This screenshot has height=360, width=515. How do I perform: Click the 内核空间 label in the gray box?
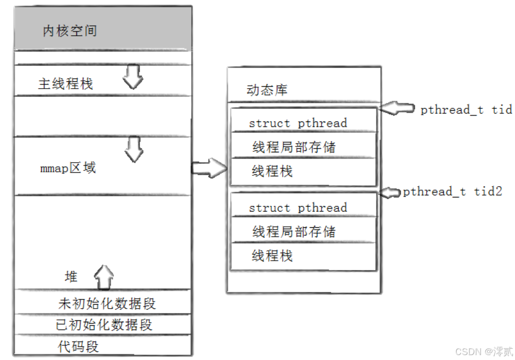click(70, 31)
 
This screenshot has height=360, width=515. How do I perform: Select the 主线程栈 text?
click(66, 84)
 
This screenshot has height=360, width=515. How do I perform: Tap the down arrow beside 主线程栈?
click(133, 77)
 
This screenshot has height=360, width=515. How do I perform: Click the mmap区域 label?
click(68, 168)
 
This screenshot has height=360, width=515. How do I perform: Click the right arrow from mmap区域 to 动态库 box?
click(209, 168)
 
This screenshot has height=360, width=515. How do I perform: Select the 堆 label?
click(71, 277)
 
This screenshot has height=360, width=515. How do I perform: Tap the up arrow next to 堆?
click(104, 277)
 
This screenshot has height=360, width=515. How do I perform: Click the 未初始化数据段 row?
click(107, 304)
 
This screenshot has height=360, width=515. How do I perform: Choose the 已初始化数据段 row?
click(104, 325)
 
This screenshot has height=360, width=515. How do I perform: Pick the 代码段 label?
click(78, 347)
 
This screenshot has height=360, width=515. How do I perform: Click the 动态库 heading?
click(267, 90)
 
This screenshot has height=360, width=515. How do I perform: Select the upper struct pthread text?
click(298, 123)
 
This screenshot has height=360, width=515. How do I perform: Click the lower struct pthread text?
click(298, 208)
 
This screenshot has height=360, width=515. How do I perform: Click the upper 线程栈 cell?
click(272, 171)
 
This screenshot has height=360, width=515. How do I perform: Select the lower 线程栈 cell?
click(272, 256)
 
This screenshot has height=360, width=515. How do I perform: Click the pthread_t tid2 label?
click(452, 192)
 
